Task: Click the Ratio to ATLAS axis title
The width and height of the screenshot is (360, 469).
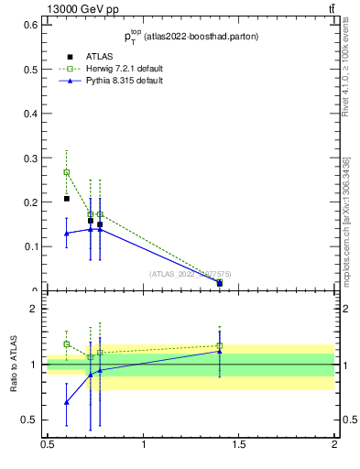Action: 16,365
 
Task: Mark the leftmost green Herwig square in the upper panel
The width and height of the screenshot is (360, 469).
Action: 66,172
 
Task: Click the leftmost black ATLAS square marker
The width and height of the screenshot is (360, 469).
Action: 66,199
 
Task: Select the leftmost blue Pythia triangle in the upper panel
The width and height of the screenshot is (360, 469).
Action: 66,234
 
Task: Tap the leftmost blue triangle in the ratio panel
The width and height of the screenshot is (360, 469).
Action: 66,402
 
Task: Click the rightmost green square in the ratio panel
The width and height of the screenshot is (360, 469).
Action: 220,345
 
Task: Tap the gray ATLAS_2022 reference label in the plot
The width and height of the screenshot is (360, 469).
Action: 190,274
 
